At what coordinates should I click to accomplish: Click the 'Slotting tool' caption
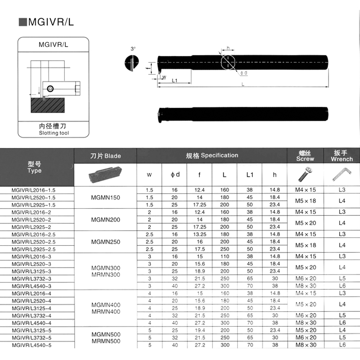click(54, 133)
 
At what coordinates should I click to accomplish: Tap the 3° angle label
click(133, 48)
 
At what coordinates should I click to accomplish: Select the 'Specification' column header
click(212, 155)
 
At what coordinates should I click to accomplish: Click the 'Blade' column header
click(105, 156)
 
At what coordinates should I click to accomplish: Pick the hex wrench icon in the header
click(342, 174)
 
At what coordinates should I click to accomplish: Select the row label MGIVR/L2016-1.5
click(34, 190)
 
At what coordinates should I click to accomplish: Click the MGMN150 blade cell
click(105, 198)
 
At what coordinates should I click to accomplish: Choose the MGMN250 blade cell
click(105, 242)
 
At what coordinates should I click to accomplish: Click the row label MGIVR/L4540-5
click(34, 345)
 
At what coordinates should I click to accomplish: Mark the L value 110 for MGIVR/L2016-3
click(225, 256)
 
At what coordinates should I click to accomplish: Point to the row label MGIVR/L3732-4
click(34, 315)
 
